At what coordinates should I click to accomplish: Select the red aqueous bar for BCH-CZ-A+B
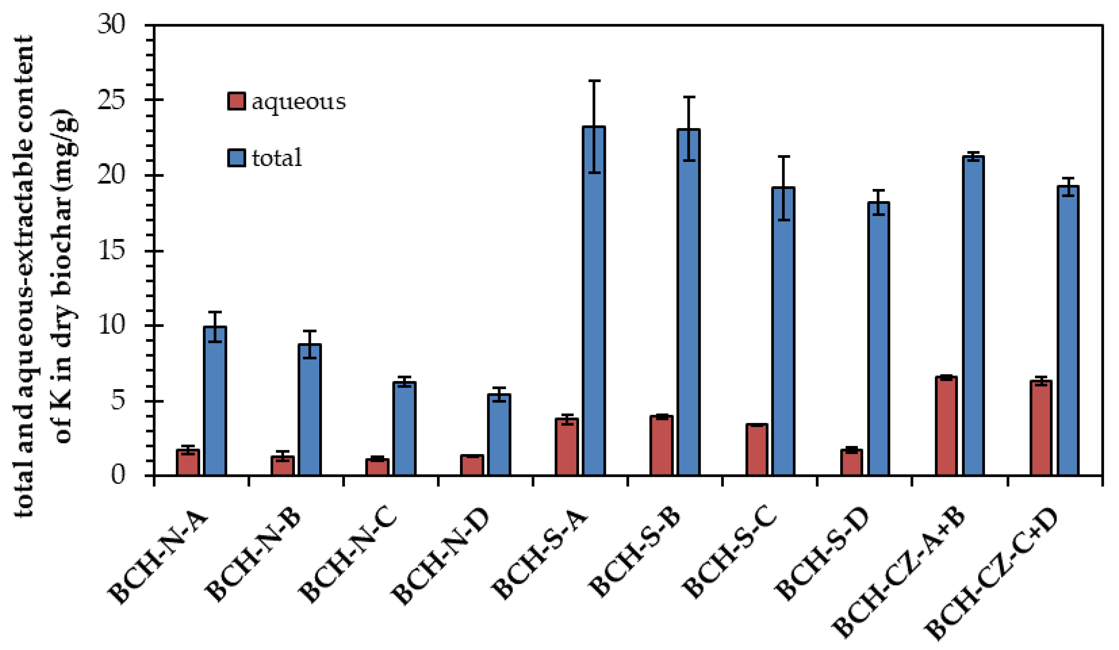[946, 426]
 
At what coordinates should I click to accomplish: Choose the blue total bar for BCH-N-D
[499, 435]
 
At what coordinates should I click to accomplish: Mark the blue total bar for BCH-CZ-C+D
[1068, 331]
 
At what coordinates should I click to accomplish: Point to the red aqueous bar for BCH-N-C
[377, 467]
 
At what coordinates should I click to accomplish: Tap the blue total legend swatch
[236, 158]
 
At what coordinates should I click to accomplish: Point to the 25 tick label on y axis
[111, 100]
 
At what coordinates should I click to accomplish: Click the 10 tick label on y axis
[111, 326]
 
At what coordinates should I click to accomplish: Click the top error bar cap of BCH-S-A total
[594, 81]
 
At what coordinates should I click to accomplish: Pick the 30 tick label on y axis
[111, 24]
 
